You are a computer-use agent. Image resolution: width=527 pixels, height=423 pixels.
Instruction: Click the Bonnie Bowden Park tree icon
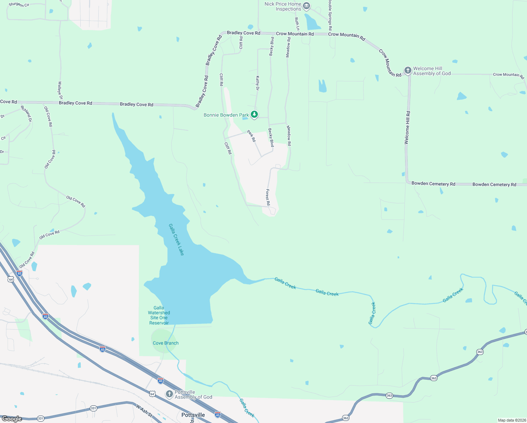click(254, 115)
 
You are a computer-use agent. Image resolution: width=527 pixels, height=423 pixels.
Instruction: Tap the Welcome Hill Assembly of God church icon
click(408, 70)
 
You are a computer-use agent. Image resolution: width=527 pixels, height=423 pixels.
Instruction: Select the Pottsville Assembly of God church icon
click(169, 394)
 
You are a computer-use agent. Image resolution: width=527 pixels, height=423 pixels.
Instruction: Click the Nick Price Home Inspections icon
click(306, 6)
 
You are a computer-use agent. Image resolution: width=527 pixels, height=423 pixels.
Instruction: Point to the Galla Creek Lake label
click(176, 239)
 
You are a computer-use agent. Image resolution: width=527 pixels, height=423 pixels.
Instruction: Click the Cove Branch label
click(166, 343)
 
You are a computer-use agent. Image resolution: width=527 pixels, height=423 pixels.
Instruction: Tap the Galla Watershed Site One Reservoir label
click(159, 315)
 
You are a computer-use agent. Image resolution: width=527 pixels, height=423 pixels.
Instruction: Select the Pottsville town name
click(193, 415)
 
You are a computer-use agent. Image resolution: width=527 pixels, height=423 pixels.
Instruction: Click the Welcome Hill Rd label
click(407, 128)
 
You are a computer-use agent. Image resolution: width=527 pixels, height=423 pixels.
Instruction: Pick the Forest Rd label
click(268, 197)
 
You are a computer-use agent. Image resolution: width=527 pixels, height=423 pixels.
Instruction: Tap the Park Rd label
click(252, 136)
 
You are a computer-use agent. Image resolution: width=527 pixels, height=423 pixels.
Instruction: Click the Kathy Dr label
click(258, 83)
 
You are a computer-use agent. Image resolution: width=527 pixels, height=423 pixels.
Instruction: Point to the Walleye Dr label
click(60, 90)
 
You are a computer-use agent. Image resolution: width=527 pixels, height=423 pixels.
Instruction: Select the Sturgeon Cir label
click(19, 5)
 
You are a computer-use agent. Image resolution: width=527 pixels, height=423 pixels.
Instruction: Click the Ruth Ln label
click(297, 24)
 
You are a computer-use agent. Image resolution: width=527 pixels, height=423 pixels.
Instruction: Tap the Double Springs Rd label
click(330, 15)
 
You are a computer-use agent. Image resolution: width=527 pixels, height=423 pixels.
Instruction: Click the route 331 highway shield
click(93, 408)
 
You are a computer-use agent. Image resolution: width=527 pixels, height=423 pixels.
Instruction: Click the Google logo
click(12, 419)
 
